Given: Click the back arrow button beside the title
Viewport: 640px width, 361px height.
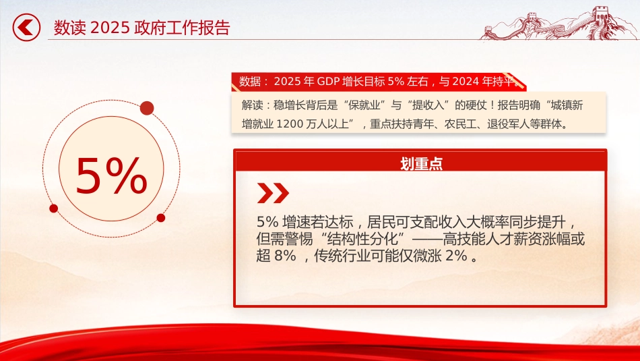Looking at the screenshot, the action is click(26, 28).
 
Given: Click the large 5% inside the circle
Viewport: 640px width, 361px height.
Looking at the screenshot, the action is click(111, 175).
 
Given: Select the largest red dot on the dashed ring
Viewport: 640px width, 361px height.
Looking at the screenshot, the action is click(147, 109).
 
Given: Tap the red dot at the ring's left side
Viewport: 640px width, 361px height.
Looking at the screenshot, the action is click(53, 209).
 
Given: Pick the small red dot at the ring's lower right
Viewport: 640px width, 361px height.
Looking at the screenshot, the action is click(161, 218).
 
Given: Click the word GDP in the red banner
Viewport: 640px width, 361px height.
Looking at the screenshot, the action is click(328, 82).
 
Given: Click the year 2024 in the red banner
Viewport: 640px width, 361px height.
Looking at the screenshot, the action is click(466, 82).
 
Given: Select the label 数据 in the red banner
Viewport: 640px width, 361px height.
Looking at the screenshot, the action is click(250, 82).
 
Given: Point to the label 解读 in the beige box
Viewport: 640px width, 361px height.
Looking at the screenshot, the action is click(252, 105).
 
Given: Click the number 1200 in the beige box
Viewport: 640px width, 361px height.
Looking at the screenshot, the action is click(290, 124).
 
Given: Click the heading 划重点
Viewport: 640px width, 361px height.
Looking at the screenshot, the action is click(421, 163).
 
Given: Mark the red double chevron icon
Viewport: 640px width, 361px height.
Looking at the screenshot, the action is click(273, 193).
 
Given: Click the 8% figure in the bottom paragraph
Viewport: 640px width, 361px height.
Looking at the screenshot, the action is click(285, 256).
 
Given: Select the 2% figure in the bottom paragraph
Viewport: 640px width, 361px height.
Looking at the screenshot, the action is click(456, 256).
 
